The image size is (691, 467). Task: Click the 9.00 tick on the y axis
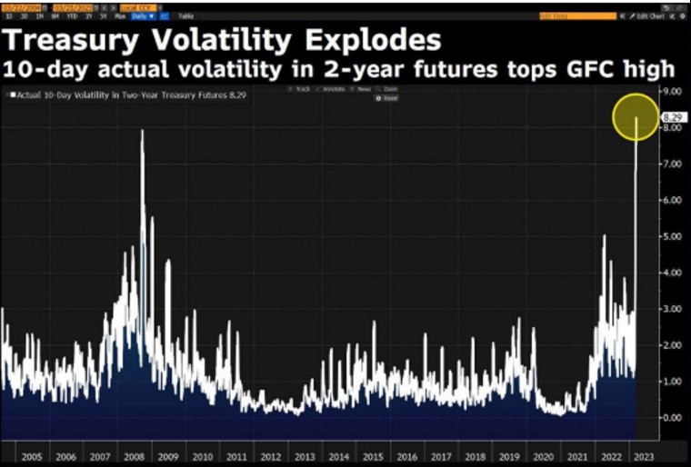pos(672,92)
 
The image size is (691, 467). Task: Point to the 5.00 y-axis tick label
pos(672,236)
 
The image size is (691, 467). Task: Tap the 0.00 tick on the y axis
pos(672,417)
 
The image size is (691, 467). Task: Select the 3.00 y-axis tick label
pos(672,309)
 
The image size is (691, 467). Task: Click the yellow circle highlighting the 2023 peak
pos(635,116)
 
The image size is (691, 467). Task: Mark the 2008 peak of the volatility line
pos(142,132)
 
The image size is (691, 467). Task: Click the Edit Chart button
pos(649,16)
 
